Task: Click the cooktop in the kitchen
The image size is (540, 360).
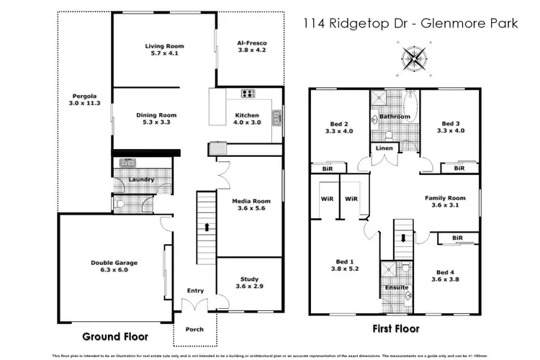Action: coord(249,93)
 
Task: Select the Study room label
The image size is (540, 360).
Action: coord(249,279)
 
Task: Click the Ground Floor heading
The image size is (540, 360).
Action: coord(115,336)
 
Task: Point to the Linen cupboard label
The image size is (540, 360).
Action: coord(383,149)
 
